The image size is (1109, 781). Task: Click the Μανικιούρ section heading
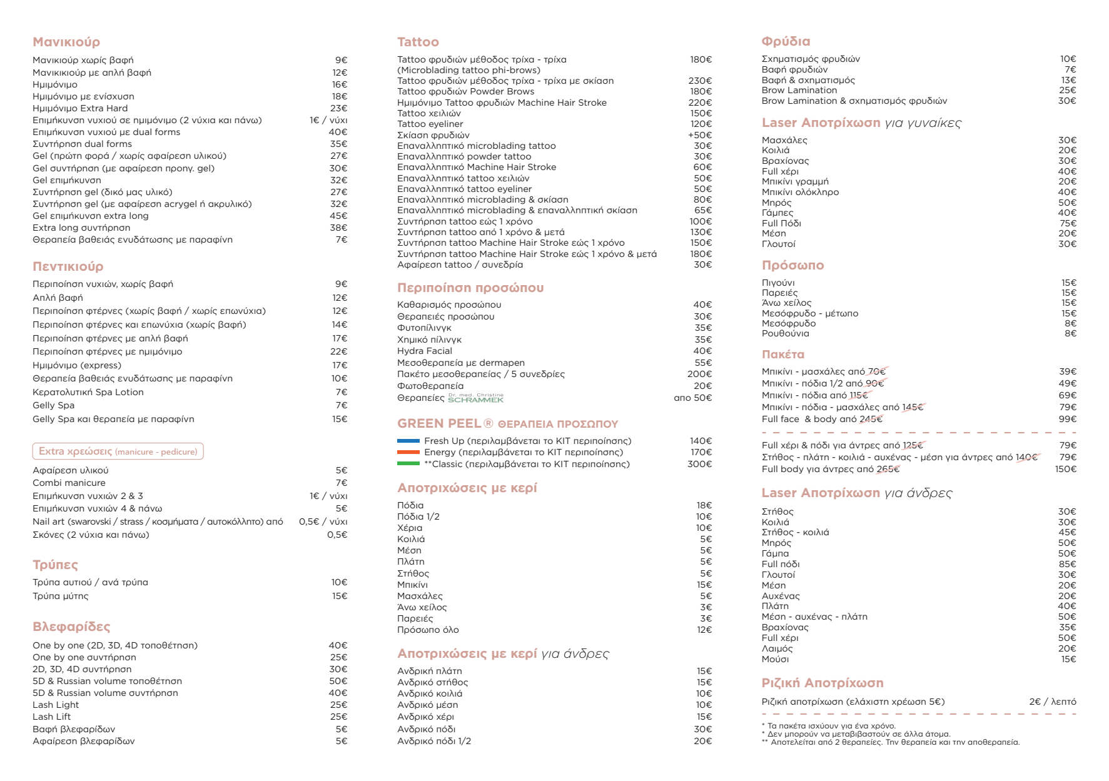66,42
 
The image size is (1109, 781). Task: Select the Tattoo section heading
418,42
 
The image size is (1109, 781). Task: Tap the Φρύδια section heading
786,41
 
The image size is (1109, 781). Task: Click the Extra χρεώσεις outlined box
118,451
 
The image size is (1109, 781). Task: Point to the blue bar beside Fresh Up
408,441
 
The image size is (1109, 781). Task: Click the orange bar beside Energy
408,452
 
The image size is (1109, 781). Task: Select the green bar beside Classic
408,464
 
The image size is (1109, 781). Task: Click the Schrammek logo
475,398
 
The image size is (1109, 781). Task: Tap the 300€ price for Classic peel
699,464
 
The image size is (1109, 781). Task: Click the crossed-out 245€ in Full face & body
871,419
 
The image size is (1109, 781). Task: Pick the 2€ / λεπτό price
1052,702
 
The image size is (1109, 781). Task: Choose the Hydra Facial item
424,351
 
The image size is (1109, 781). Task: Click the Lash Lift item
51,717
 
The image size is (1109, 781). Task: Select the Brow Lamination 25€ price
1067,90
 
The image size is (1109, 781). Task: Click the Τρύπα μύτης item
61,596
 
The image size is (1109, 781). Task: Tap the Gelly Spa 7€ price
341,405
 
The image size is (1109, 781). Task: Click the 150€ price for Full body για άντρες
1065,469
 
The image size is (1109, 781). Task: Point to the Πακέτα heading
782,355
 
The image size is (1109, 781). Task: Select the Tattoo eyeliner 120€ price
701,124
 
